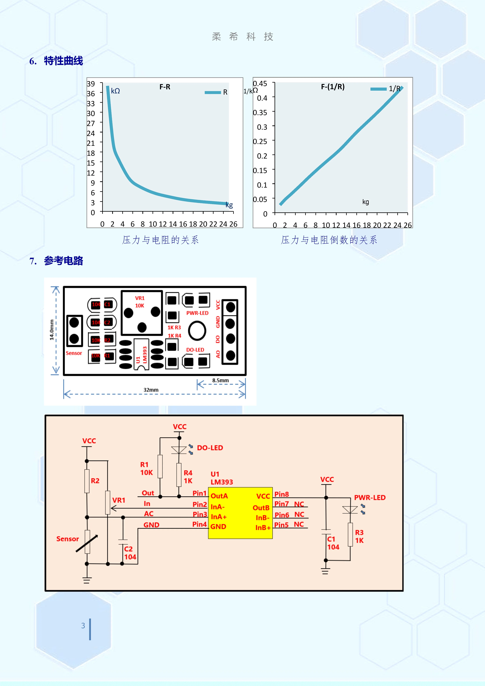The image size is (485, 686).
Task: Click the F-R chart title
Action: pos(165,87)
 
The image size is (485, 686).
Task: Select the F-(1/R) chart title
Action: pos(333,87)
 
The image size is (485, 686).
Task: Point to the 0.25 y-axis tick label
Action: pos(260,141)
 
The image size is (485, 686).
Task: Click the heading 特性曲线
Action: pos(63,61)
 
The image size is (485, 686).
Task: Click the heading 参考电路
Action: pos(63,261)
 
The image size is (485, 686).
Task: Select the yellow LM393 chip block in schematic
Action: pos(240,513)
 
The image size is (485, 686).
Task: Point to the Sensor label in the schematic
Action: pos(67,539)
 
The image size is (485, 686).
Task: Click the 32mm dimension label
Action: pos(151,390)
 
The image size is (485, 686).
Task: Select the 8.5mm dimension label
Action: pos(221,380)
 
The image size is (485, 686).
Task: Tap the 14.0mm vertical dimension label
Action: pos(52,330)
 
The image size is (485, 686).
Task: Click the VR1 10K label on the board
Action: pos(140,302)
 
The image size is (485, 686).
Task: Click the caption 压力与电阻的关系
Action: pos(160,240)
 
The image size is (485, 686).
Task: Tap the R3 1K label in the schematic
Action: pos(359,536)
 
